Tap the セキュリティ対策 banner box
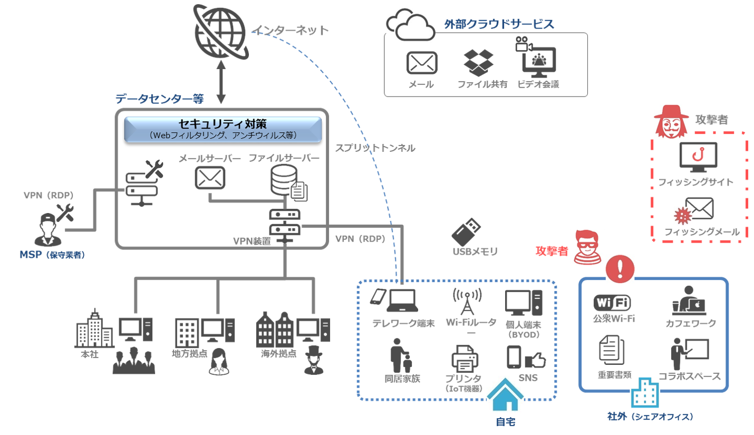tap(223, 129)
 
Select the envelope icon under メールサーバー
tap(210, 178)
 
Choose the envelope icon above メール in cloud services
tap(422, 63)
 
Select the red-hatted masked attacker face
tap(668, 122)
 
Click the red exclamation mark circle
tap(620, 269)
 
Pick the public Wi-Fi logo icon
tap(612, 302)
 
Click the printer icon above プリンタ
tap(465, 360)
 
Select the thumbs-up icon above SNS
tap(535, 360)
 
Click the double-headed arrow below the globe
tap(221, 84)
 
